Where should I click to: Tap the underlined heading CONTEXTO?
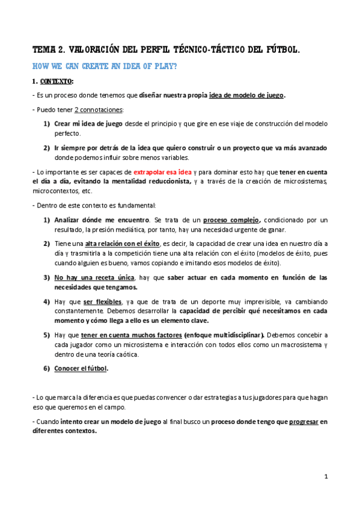[x=55, y=81]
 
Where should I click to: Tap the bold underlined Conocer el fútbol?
[x=81, y=368]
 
